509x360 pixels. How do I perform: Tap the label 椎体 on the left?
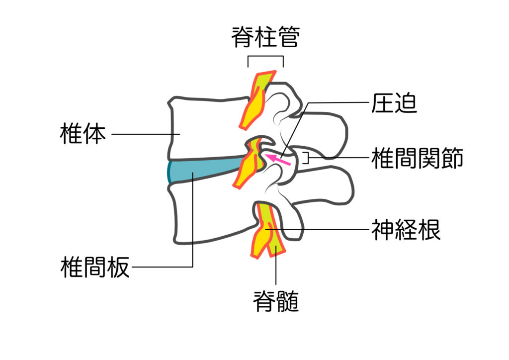click(x=83, y=134)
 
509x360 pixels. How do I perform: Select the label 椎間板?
click(x=94, y=268)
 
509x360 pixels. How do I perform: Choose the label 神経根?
click(x=406, y=230)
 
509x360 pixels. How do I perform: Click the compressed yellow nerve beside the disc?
click(x=251, y=162)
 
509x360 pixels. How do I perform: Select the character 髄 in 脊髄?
click(x=288, y=301)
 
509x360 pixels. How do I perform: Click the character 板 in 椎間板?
click(x=118, y=268)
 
